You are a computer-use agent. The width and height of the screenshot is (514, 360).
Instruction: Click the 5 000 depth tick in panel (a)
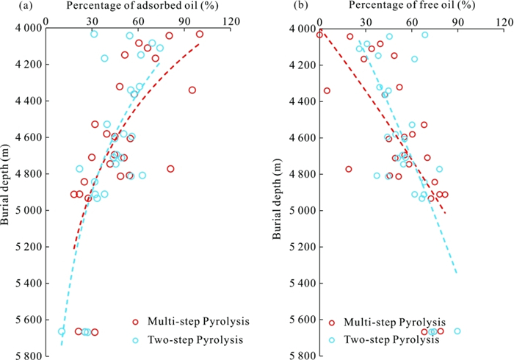[x=28, y=211]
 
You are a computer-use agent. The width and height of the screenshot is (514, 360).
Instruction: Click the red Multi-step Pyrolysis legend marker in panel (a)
[x=135, y=321]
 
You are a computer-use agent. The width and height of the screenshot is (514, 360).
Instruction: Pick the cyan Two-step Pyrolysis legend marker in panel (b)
[x=333, y=340]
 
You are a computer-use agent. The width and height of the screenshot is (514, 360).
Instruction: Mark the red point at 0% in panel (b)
[x=319, y=35]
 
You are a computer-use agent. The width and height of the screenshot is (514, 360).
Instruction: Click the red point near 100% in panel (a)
[x=200, y=35]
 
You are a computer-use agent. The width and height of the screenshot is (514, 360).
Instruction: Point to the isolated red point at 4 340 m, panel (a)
[x=192, y=90]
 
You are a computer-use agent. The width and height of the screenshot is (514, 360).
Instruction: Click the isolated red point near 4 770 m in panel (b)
[x=349, y=169]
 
